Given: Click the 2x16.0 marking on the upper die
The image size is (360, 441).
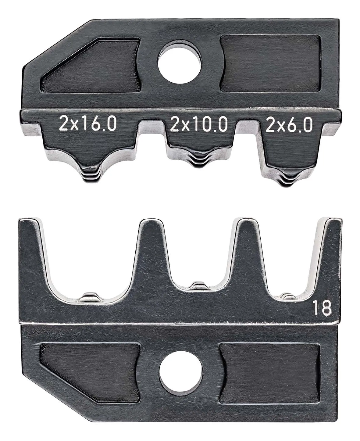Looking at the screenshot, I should (87, 125).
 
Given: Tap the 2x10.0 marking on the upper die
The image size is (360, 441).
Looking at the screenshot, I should (199, 125).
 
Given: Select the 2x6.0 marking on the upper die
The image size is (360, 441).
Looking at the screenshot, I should (289, 125).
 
